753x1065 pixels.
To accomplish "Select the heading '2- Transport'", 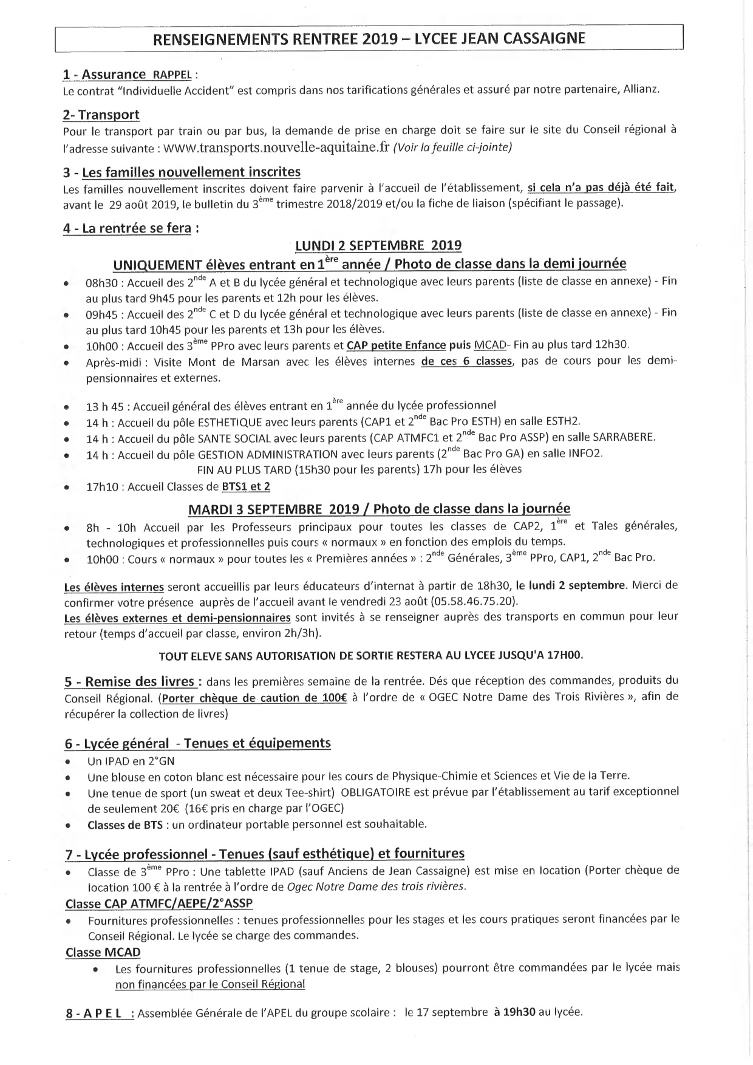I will tap(101, 115).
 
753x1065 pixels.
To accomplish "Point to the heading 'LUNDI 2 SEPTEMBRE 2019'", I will tap(378, 245).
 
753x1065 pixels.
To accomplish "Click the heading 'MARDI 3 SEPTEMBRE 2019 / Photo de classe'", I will tap(379, 508).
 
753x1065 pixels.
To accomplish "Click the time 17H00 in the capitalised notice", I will tap(565, 656).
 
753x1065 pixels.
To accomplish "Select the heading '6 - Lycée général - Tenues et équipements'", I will tap(197, 743).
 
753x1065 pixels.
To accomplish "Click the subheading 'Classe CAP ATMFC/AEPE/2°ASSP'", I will tap(158, 903).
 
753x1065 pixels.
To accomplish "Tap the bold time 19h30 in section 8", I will tap(519, 1012).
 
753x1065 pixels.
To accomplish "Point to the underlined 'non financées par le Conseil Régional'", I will tap(210, 984).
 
